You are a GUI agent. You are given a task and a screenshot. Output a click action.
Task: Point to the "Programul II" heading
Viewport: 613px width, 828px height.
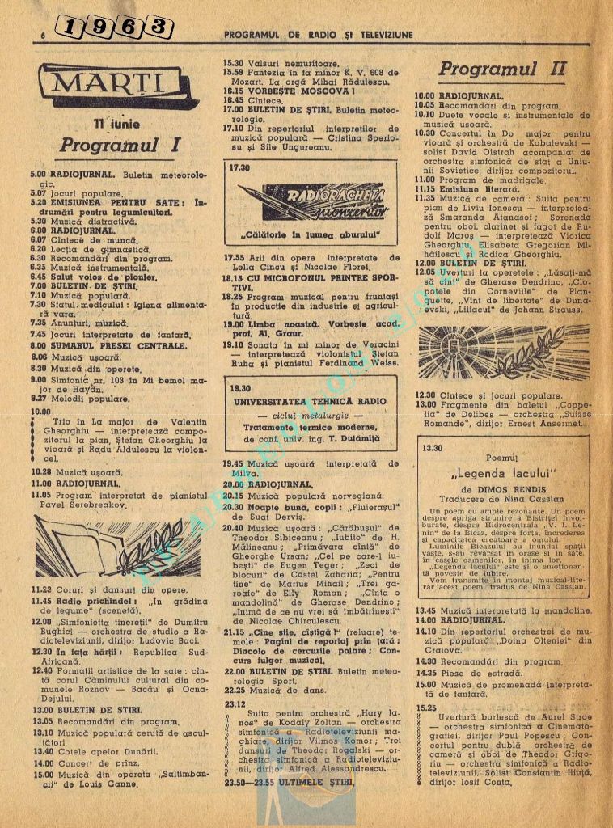503,69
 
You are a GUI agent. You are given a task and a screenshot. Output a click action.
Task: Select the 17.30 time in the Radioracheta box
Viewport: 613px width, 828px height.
239,167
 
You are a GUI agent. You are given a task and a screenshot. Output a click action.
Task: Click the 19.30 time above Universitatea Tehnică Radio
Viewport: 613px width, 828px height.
240,387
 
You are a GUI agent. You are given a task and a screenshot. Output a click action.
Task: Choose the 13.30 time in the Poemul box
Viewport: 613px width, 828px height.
433,447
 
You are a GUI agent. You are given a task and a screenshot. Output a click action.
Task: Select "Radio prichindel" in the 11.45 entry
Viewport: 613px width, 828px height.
91,601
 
